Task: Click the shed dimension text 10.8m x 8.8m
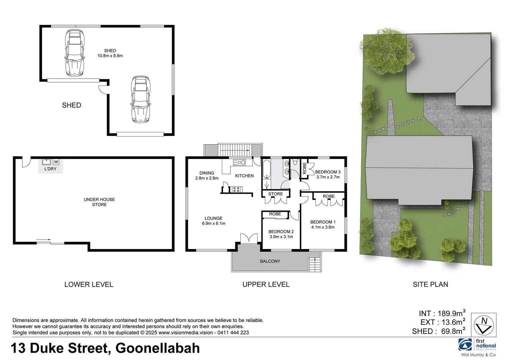pos(110,56)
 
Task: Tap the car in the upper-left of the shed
pos(74,53)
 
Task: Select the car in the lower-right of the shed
pos(141,99)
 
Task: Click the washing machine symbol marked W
pos(56,162)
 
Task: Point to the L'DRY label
pos(50,169)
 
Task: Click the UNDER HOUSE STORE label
pos(99,202)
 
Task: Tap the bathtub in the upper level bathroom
pos(266,169)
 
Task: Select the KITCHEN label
pos(244,176)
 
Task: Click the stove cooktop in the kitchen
pos(236,190)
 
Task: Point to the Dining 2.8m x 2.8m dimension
pos(207,178)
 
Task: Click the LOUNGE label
pos(213,218)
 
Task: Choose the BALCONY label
pos(270,261)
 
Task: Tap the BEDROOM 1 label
pos(323,222)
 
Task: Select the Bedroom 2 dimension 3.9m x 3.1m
pos(281,237)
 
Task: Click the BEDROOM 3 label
pos(328,172)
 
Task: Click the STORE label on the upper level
pos(276,194)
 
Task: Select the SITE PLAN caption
pos(430,284)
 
